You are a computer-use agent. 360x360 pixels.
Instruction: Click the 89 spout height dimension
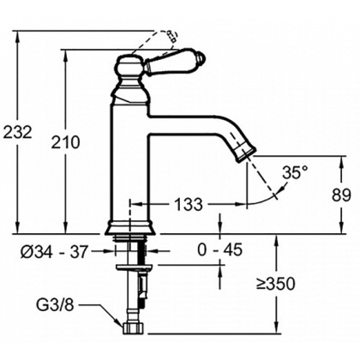point(340,195)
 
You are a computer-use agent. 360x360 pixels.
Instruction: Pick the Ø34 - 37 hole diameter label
point(64,252)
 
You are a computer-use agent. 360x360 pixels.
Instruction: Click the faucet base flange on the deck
point(131,228)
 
